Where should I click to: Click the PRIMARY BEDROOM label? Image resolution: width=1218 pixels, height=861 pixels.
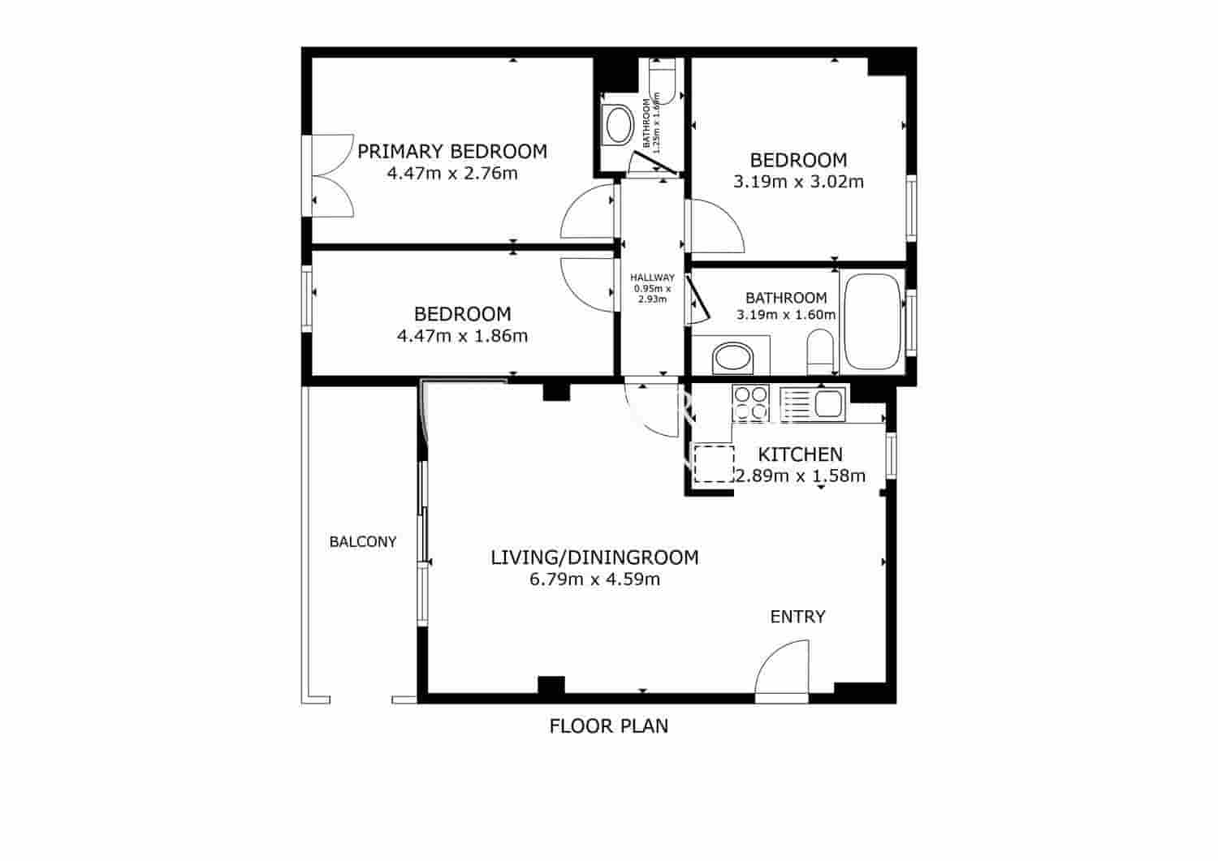tap(452, 152)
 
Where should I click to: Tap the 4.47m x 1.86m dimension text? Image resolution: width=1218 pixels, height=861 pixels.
tap(462, 335)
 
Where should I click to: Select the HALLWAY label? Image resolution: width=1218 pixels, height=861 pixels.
tap(652, 278)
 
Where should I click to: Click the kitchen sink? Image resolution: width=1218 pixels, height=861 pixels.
tap(828, 403)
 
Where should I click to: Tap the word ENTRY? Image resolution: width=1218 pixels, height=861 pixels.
tap(797, 617)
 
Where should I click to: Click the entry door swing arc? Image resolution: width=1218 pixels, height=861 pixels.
tap(782, 667)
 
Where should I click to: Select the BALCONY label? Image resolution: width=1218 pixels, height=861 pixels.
tap(362, 541)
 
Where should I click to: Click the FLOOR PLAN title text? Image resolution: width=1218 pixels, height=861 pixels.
tap(609, 725)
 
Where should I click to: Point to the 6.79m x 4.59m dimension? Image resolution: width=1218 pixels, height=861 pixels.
tap(594, 579)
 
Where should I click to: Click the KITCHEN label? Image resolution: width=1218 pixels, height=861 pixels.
tap(800, 454)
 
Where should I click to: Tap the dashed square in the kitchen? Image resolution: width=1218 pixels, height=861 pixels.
tap(714, 463)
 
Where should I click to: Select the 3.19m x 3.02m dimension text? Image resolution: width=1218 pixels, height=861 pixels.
tap(798, 182)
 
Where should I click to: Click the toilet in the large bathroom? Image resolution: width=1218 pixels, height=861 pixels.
tap(820, 351)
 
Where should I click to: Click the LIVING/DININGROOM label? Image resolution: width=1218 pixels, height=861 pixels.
tap(594, 557)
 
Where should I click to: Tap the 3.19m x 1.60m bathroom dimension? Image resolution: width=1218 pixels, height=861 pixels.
tap(785, 315)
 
